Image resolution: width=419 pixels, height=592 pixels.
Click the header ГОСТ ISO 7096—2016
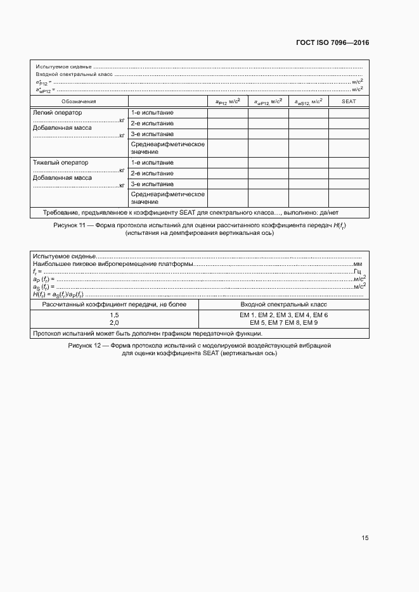click(333, 43)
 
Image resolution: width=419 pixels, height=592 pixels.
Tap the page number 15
click(364, 538)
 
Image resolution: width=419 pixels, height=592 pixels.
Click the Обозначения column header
click(79, 101)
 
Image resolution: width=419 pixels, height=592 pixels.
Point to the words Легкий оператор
click(57, 113)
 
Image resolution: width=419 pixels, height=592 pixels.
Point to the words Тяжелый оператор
click(60, 163)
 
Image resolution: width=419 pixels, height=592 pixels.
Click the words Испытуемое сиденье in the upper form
click(64, 66)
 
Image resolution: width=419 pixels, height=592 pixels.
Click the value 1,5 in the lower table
click(114, 315)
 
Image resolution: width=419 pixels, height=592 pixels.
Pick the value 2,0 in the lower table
click(114, 322)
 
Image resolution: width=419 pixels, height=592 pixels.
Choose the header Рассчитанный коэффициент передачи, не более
click(114, 305)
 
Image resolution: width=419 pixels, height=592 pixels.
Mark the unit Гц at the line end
click(358, 271)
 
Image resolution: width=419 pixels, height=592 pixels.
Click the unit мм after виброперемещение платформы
click(358, 263)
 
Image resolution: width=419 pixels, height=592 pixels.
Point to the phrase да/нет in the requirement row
click(337, 213)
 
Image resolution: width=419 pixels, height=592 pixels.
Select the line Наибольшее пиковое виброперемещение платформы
click(112, 263)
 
